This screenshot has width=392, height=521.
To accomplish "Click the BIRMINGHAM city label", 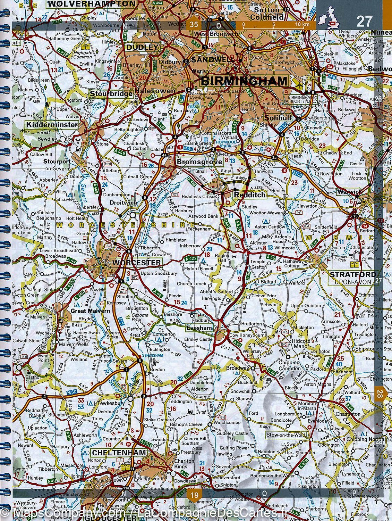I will click(x=244, y=81).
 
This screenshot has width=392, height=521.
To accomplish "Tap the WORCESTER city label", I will click(x=136, y=263).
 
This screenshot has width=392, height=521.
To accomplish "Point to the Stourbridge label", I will click(x=111, y=94).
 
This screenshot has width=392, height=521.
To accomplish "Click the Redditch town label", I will click(x=249, y=195).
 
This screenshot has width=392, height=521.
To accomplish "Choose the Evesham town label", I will click(x=199, y=328).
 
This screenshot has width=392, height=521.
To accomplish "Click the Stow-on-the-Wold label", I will click(x=286, y=435).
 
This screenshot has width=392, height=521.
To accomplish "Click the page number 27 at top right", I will click(x=364, y=22).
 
